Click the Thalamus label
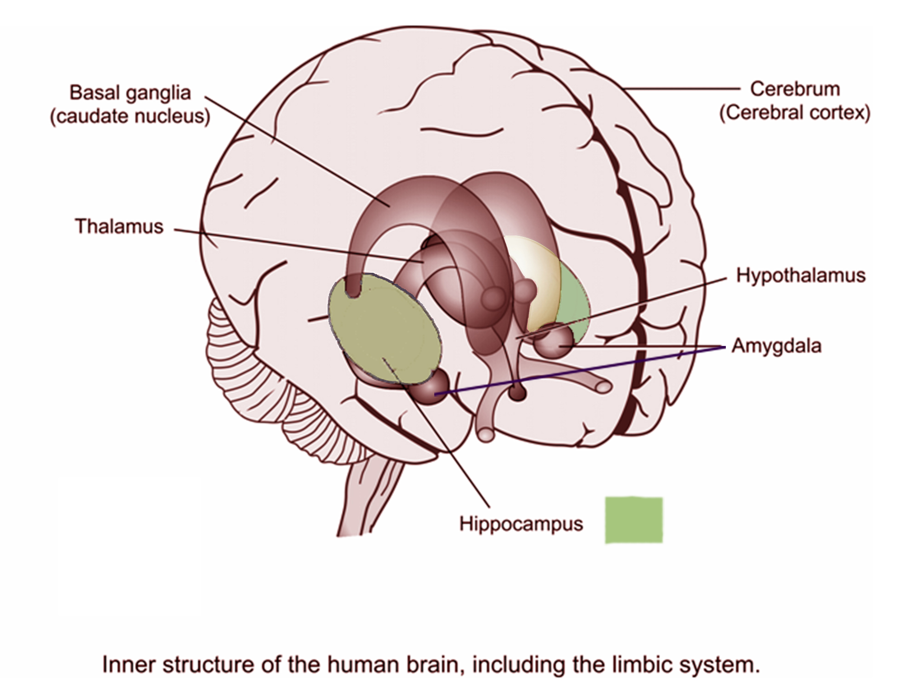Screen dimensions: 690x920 (x=119, y=226)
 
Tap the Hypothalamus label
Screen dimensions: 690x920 (x=800, y=276)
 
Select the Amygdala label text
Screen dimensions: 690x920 (x=776, y=346)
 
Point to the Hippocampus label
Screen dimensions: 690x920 (x=521, y=524)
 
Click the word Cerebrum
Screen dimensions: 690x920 (x=795, y=89)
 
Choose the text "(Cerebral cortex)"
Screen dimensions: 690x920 (x=795, y=113)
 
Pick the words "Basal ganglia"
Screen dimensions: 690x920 (x=130, y=93)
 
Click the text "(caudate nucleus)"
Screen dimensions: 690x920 (x=130, y=116)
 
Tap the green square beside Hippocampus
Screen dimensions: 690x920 (x=634, y=520)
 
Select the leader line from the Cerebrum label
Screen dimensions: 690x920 (x=681, y=88)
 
